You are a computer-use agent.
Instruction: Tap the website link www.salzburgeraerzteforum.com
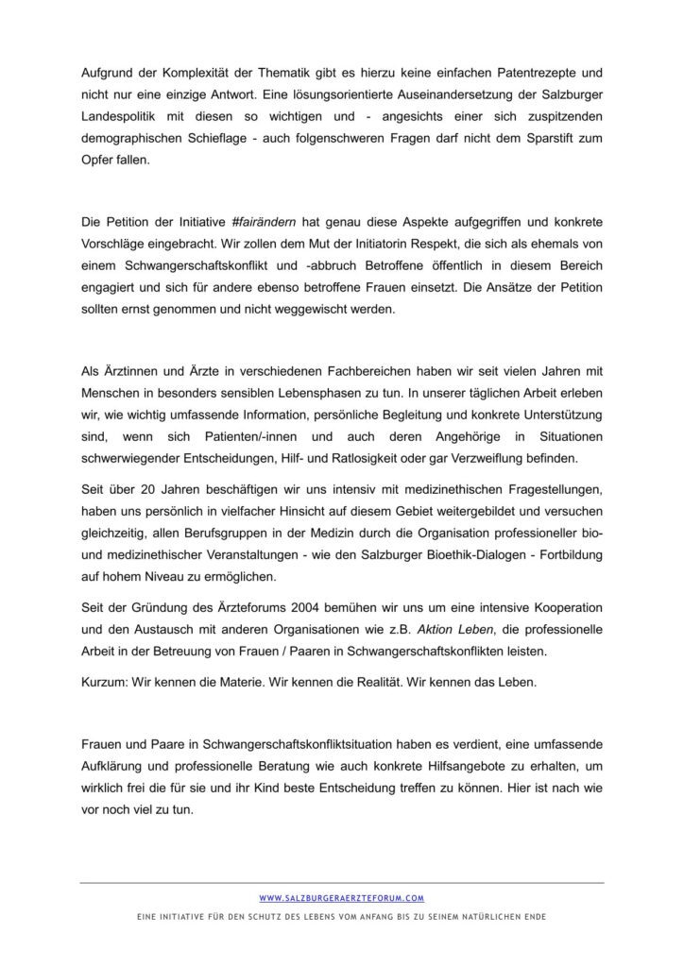[342, 898]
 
